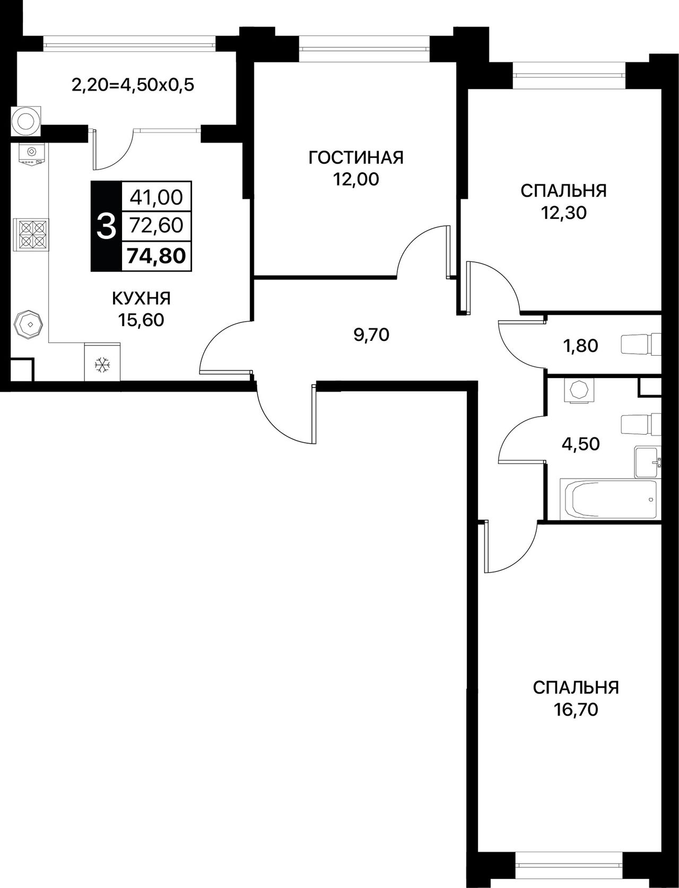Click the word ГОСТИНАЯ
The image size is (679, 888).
point(356,157)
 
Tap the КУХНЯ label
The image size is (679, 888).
point(141,298)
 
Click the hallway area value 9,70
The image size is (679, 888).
point(371,335)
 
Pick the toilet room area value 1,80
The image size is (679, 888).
point(580,346)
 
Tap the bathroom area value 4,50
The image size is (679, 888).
point(580,444)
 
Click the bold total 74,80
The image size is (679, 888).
point(156,256)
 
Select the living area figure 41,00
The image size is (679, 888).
point(156,197)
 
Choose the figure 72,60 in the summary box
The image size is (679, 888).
point(156,226)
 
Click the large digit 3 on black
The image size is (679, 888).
point(107,226)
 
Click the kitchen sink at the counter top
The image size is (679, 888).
point(31,155)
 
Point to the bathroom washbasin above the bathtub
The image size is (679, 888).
point(648,462)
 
